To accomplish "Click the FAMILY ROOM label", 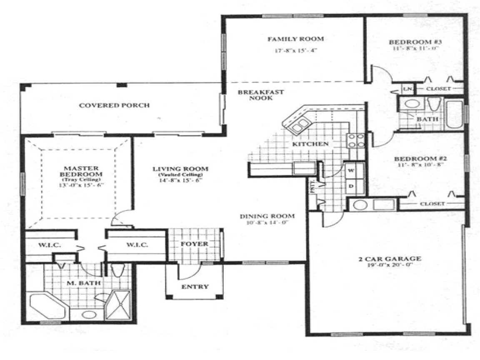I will pyautogui.click(x=295, y=39).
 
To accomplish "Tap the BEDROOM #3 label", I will pyautogui.click(x=415, y=42).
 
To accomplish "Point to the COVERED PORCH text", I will pyautogui.click(x=114, y=105).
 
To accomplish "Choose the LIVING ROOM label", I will pyautogui.click(x=180, y=169).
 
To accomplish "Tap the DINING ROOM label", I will pyautogui.click(x=267, y=216).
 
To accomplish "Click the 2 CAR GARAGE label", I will pyautogui.click(x=390, y=259).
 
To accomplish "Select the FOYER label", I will pyautogui.click(x=194, y=244).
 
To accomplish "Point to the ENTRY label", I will pyautogui.click(x=195, y=287).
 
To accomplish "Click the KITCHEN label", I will pyautogui.click(x=310, y=144).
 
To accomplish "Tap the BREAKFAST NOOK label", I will pyautogui.click(x=261, y=95).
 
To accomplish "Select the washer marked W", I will pyautogui.click(x=351, y=170).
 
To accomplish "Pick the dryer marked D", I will pyautogui.click(x=351, y=186).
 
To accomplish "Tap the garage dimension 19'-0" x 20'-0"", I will pyautogui.click(x=390, y=265).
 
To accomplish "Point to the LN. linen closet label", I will pyautogui.click(x=407, y=89).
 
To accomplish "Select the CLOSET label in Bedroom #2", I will pyautogui.click(x=432, y=204).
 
